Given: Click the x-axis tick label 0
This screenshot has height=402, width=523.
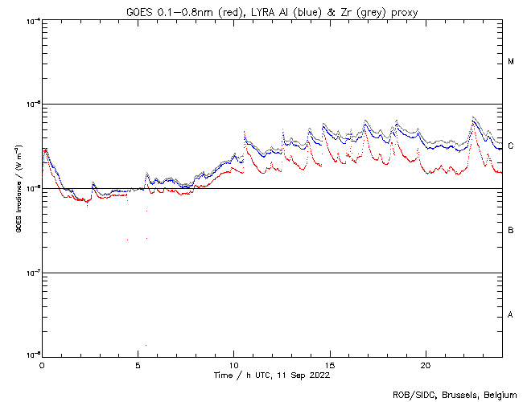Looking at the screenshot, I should coord(42,364).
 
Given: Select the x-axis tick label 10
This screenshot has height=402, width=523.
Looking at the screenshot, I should coord(233,364).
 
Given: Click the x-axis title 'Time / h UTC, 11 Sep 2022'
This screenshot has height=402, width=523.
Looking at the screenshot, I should coord(271,375).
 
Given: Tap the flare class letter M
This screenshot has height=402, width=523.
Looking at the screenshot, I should coord(511,62).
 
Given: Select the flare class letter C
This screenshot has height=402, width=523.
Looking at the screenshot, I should coord(511,146).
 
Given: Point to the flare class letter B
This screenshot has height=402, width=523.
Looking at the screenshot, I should coord(511,231).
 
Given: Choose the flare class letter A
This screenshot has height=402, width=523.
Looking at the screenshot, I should coord(511,315).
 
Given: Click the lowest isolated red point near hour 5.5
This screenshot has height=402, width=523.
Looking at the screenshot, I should coord(146,345).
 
